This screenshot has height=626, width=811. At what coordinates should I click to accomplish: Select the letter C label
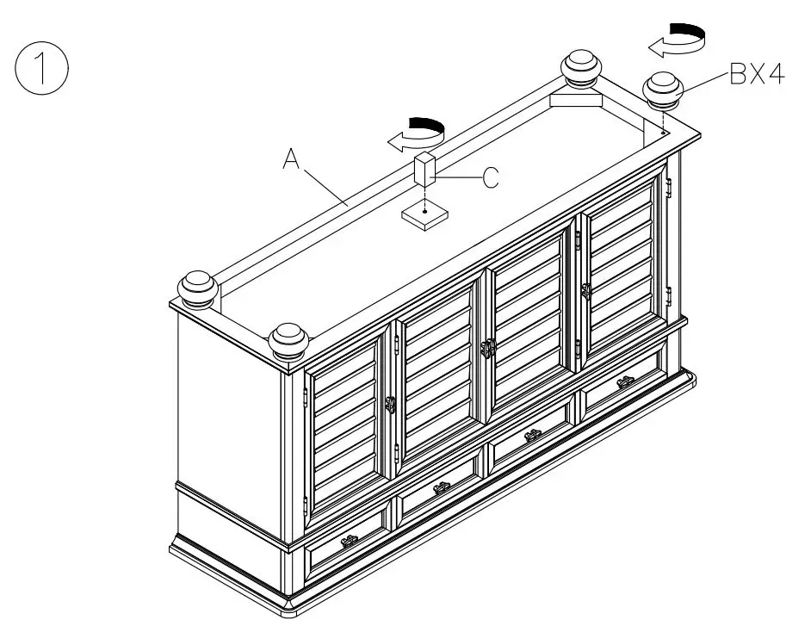click(x=490, y=178)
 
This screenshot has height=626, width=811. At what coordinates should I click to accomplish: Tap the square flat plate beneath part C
click(x=426, y=214)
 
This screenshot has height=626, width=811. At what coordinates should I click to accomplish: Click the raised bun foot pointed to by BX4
click(x=664, y=89)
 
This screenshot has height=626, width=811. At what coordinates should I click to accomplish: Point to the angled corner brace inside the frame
click(x=575, y=101)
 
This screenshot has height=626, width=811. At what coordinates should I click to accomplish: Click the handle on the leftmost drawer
click(x=350, y=541)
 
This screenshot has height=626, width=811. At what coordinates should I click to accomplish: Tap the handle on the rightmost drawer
click(x=626, y=381)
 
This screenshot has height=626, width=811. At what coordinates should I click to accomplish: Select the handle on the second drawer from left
click(x=443, y=488)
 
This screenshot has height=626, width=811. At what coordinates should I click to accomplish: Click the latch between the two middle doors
click(x=488, y=348)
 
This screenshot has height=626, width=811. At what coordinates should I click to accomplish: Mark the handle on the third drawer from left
click(x=533, y=435)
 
